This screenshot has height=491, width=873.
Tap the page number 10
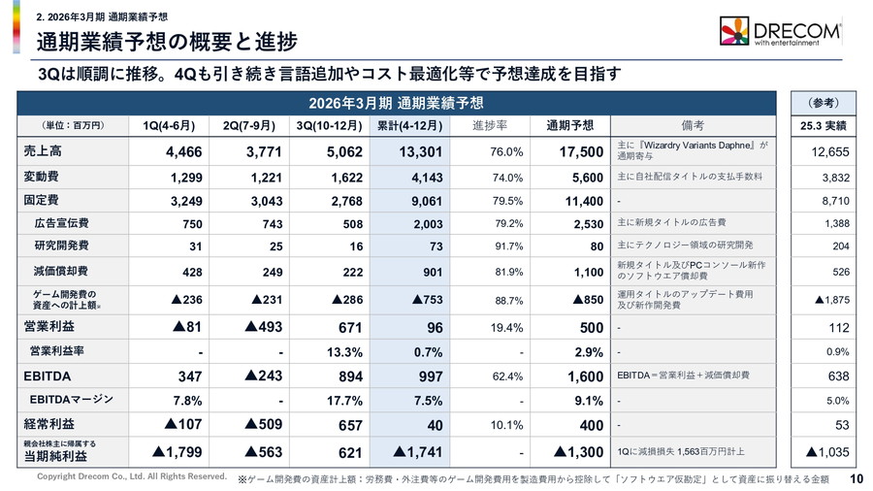pos(857,477)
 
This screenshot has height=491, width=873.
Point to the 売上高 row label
pos(43,151)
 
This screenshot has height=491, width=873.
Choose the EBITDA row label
pos(48,375)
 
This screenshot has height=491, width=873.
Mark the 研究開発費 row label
pos(61,245)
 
